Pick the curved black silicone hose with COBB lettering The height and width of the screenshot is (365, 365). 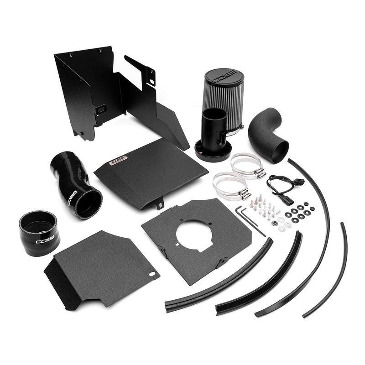point(76,184)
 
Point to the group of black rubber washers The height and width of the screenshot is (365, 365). point(299,213)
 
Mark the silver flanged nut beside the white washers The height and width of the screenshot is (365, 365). point(274,224)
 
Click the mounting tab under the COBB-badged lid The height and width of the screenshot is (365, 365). point(160,205)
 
